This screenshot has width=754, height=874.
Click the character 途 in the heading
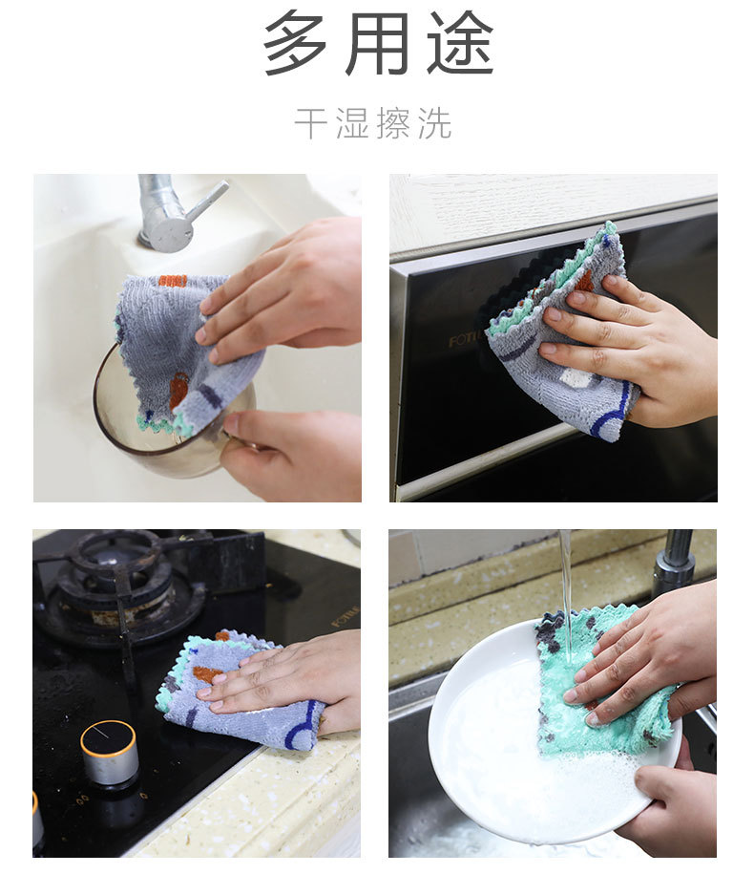tap(459, 43)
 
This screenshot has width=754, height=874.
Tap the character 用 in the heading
tap(379, 43)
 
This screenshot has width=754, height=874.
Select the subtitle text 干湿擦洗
tap(372, 124)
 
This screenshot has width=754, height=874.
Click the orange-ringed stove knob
tap(108, 751)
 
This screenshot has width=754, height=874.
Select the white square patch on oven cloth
tap(577, 378)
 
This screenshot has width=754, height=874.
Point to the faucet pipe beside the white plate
tap(676, 564)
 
